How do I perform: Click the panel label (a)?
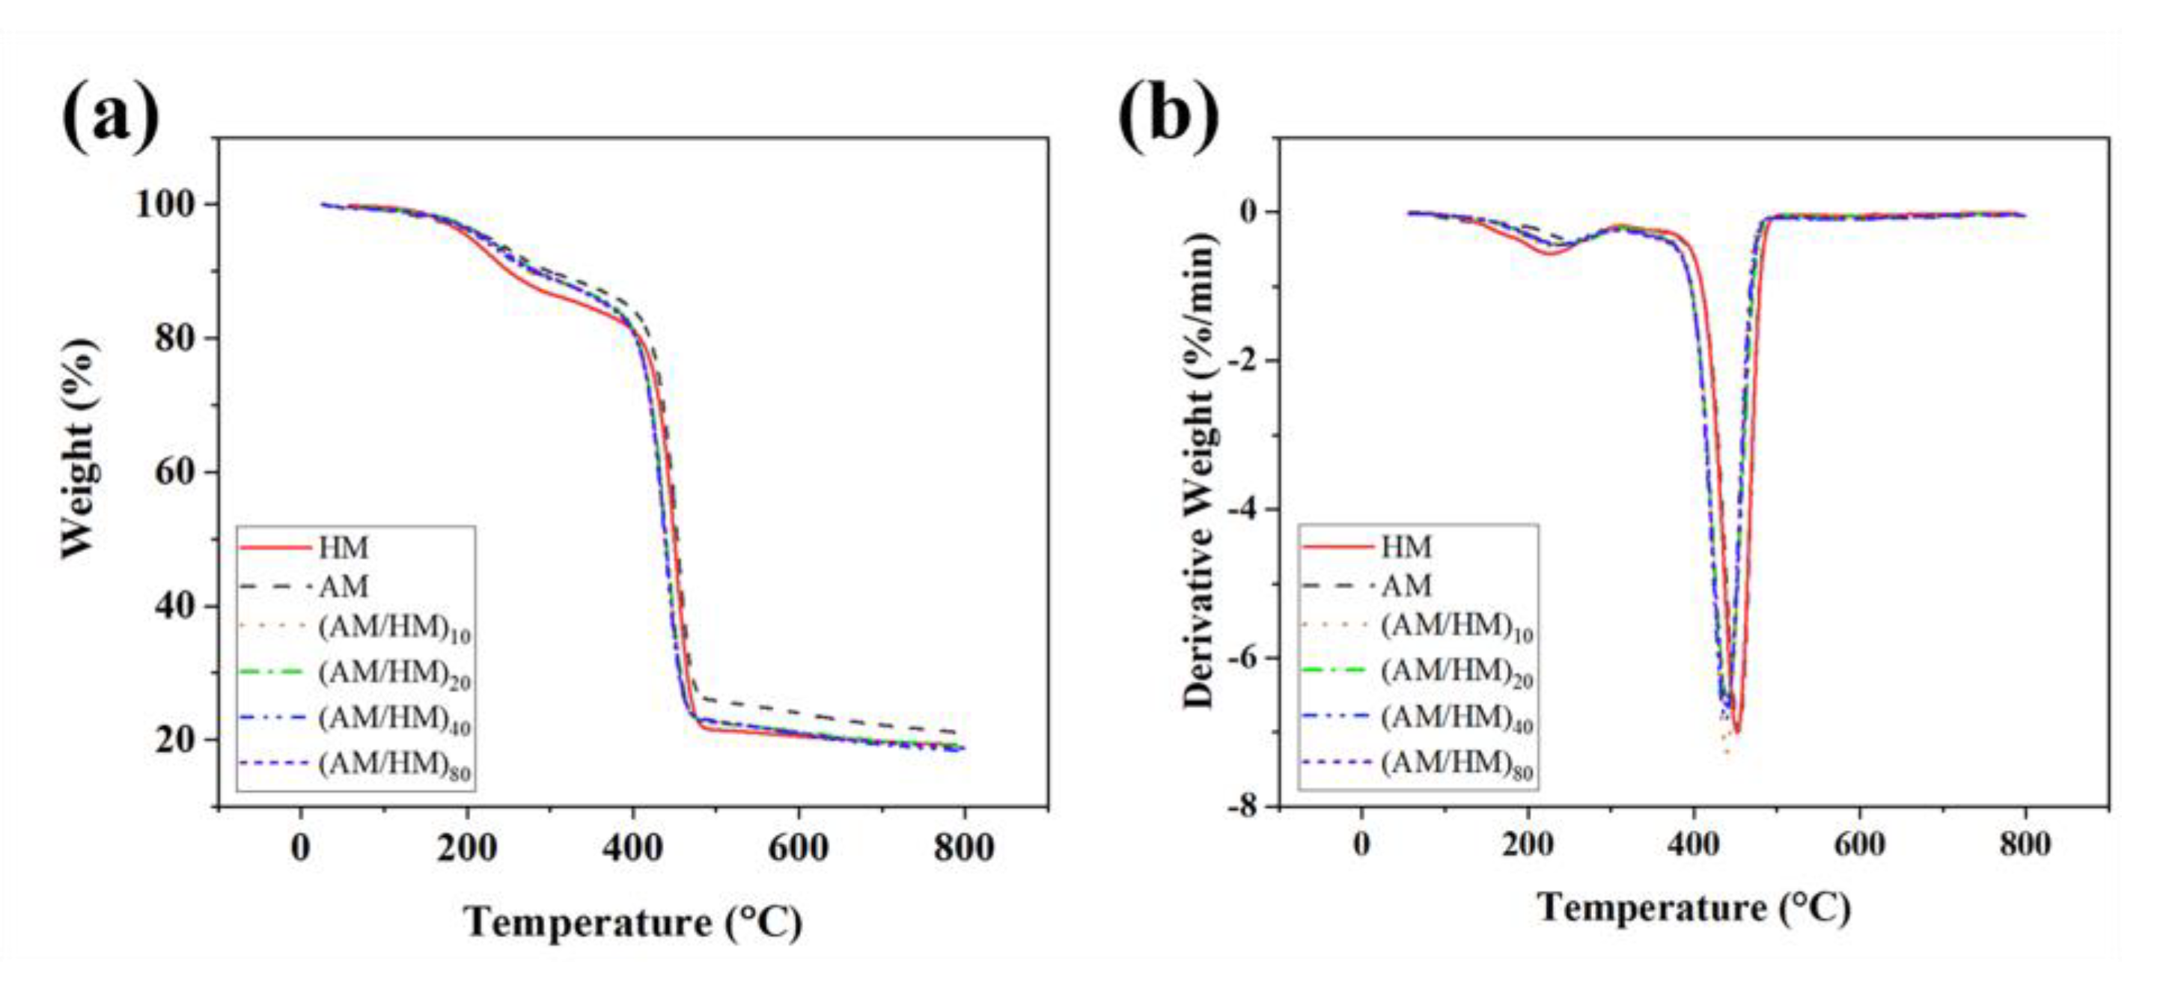(110, 117)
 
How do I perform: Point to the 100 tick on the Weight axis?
(175, 204)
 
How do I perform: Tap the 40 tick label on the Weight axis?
(175, 606)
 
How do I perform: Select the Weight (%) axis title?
(79, 448)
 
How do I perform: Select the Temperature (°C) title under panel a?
(632, 921)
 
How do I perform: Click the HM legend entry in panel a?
(343, 548)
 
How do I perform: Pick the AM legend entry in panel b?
(1406, 585)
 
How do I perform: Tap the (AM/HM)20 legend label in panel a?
(394, 674)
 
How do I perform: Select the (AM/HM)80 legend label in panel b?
(1456, 764)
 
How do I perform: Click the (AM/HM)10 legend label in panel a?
(394, 628)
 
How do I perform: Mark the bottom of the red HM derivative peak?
(1736, 731)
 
